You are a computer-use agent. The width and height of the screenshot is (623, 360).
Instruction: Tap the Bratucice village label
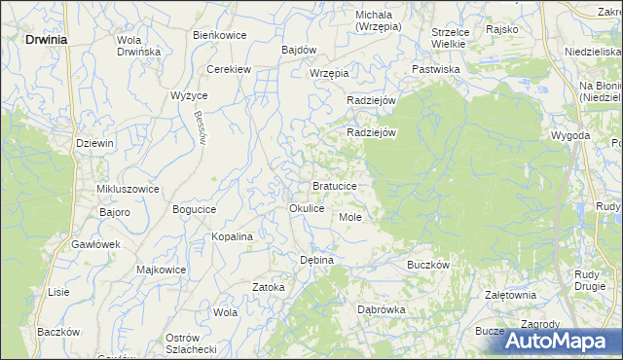pos(340,185)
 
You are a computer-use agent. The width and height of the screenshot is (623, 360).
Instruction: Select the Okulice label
pos(307,209)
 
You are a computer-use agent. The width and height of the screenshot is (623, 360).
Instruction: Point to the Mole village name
pos(350,216)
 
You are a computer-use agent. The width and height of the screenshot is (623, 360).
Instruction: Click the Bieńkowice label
pos(219,35)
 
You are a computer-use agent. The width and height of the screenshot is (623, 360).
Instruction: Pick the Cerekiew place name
pos(230,70)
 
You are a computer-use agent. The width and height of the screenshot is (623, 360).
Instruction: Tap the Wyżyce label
pos(189,95)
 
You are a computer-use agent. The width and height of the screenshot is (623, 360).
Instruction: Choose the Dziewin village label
pos(95,143)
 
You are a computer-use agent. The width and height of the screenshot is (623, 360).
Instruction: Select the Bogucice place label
pos(194,209)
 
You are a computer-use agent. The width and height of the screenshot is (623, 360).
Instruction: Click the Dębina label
pos(316,260)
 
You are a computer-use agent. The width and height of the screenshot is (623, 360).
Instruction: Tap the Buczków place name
pos(426,264)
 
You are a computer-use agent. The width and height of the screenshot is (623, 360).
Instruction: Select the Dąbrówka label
pos(382,309)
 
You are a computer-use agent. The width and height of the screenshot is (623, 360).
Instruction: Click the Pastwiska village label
pos(435,70)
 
